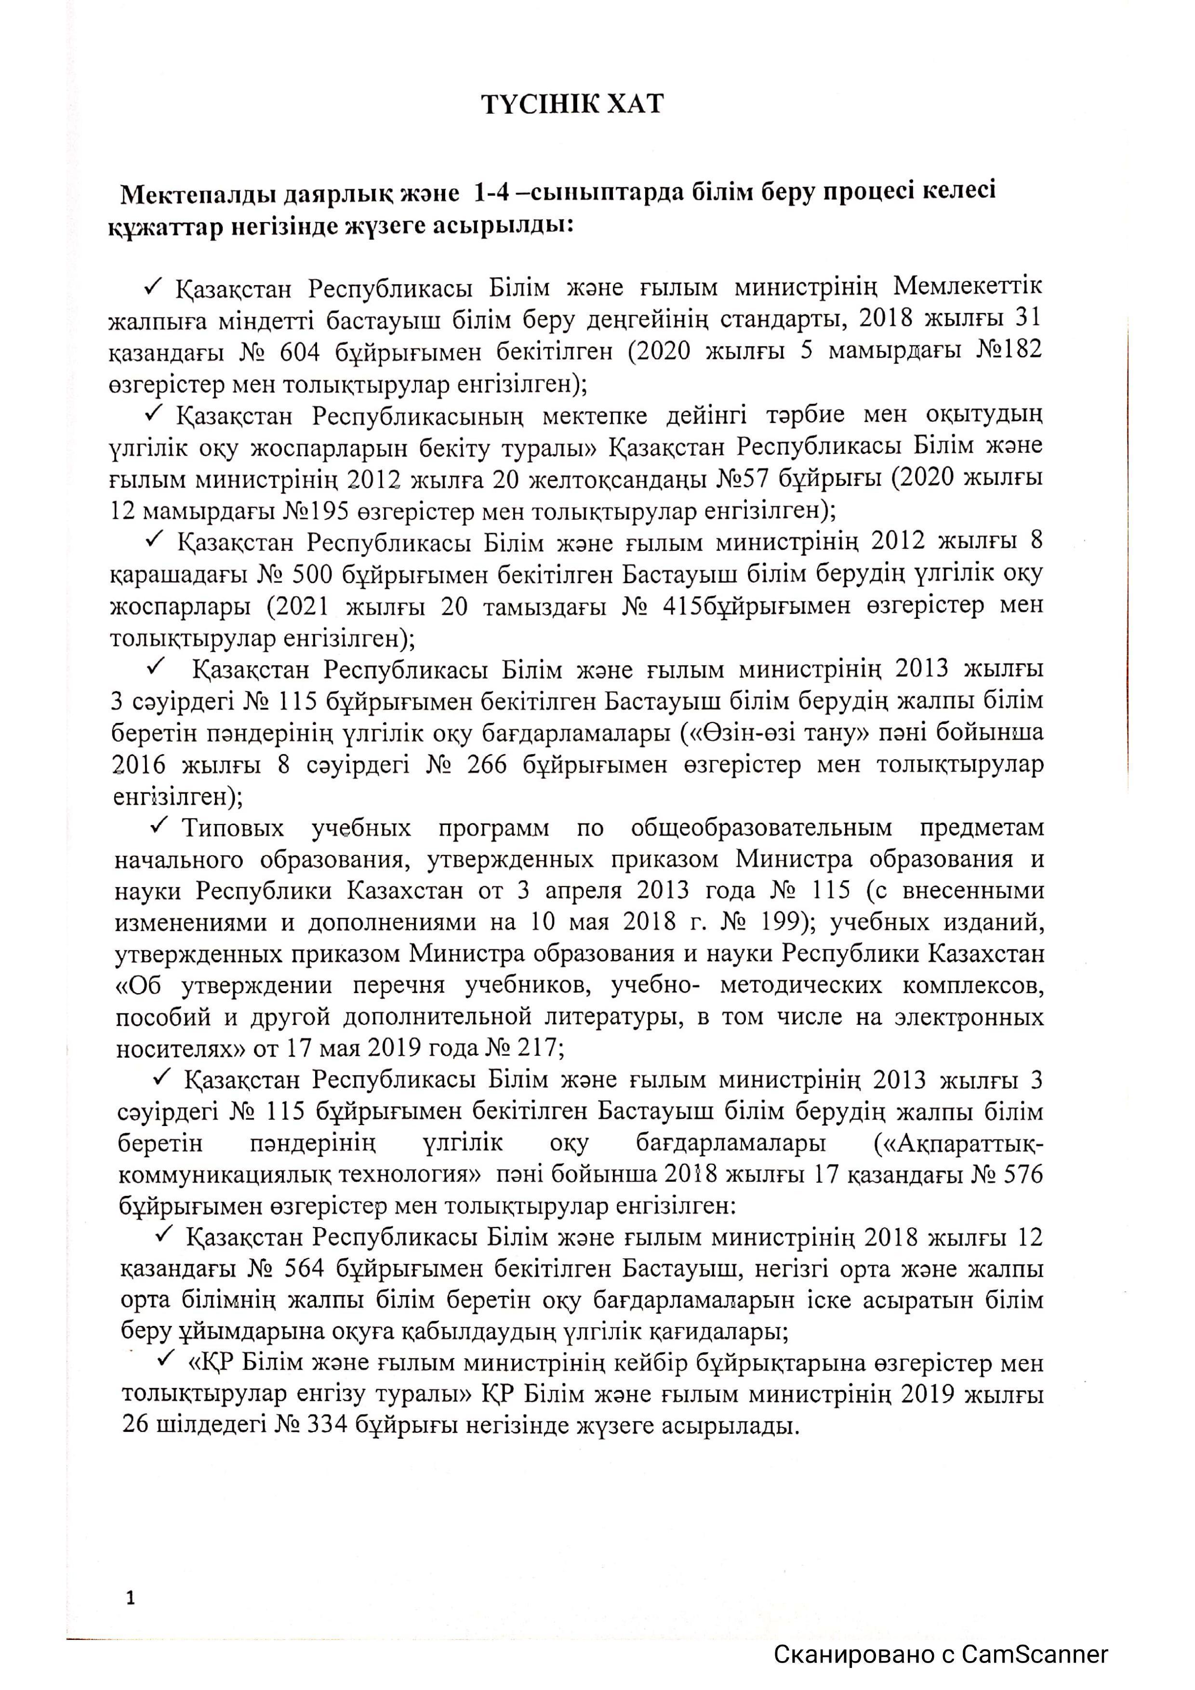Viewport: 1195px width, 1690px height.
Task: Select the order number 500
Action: coord(322,574)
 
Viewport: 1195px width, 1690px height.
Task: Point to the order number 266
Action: coord(487,765)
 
